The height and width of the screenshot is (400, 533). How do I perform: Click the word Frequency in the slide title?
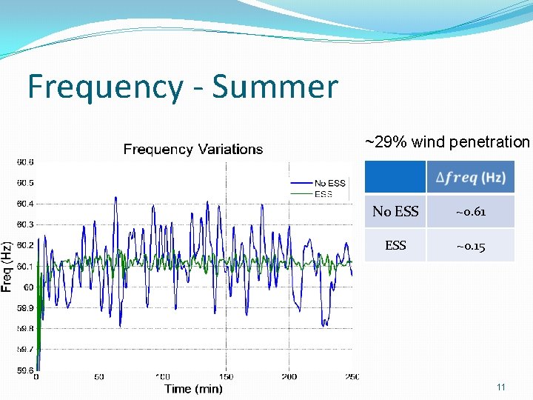(x=104, y=87)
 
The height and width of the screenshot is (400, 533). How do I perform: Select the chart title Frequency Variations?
(x=192, y=150)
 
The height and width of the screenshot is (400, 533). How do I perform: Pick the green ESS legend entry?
(x=324, y=194)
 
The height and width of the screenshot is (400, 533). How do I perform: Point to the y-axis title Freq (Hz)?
(x=7, y=267)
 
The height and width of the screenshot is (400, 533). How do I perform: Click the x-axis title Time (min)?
(x=192, y=388)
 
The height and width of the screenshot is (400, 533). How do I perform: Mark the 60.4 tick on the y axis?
(x=25, y=204)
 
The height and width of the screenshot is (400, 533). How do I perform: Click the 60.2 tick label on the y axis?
(x=25, y=245)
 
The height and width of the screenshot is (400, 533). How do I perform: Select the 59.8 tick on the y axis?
(x=25, y=328)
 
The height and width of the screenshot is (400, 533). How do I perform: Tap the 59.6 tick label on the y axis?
(x=25, y=370)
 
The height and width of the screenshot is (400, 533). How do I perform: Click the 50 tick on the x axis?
(x=99, y=377)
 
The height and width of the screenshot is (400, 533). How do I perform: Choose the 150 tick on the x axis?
(x=226, y=377)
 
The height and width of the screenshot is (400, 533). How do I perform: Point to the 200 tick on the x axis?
(x=289, y=377)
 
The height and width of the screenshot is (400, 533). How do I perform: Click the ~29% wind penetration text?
(x=447, y=141)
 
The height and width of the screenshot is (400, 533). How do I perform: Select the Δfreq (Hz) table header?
(x=470, y=177)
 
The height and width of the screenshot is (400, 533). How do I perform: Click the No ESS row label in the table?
(x=395, y=212)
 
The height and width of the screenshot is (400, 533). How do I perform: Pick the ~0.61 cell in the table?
(x=470, y=212)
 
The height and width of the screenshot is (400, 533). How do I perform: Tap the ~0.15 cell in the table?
(x=470, y=245)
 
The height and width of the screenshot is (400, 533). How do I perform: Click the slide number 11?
(x=501, y=387)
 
